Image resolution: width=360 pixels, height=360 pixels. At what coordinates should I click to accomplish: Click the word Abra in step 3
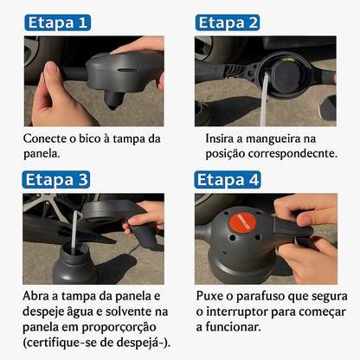click(x=37, y=296)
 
